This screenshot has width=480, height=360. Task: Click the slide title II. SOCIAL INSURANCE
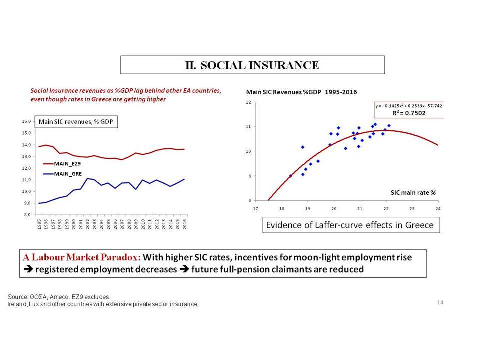(x=252, y=65)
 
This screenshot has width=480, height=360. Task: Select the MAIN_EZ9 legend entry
(x=62, y=164)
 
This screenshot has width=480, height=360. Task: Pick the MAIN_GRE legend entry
(x=63, y=174)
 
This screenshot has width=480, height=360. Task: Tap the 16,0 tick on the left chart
(x=26, y=121)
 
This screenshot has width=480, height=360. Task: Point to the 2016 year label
(x=185, y=224)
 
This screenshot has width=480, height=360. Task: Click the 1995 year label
(x=39, y=224)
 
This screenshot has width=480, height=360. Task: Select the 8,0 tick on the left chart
(x=27, y=215)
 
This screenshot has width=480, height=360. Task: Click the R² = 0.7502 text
(x=409, y=113)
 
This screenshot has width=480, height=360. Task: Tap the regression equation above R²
(x=409, y=106)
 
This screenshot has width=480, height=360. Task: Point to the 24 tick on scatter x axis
(x=438, y=209)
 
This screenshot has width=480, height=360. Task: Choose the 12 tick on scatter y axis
(x=248, y=102)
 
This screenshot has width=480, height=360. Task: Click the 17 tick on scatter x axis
(x=255, y=209)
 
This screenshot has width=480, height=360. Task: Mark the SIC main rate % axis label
(x=413, y=193)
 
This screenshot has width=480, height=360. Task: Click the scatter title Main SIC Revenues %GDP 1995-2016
(x=301, y=92)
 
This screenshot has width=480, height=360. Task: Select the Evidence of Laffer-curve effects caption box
(x=351, y=225)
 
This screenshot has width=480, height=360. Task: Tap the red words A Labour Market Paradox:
(x=82, y=257)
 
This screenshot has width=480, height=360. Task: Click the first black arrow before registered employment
(x=28, y=269)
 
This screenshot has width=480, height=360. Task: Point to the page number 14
(x=440, y=302)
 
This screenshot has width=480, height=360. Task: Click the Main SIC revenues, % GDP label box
(x=76, y=122)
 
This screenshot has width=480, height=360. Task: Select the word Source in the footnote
(x=18, y=297)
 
